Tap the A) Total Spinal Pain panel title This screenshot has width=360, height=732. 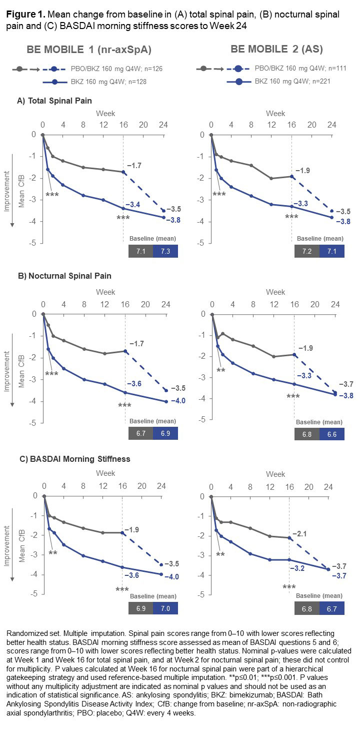54,101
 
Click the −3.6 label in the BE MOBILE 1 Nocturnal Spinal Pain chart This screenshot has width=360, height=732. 134,384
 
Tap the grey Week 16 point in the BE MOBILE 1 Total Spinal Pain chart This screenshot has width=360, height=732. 123,172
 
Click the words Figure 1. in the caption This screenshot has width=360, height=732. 23,14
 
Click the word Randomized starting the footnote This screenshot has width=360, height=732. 23,634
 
